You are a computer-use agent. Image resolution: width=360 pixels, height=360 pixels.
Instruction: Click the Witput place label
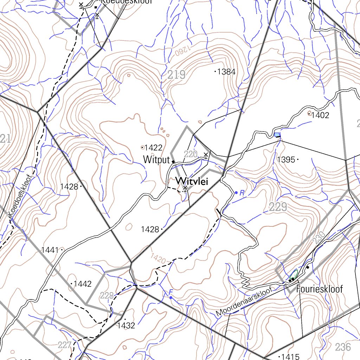tap(156, 160)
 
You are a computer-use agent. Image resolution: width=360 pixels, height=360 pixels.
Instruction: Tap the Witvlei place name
tap(192, 181)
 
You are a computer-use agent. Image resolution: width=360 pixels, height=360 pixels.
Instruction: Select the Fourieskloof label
tap(319, 289)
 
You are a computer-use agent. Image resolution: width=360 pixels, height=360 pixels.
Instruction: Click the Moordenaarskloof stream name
tap(244, 301)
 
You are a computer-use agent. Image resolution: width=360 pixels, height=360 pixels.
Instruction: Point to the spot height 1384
tap(226, 72)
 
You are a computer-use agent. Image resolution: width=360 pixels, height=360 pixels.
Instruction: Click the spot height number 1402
tap(320, 115)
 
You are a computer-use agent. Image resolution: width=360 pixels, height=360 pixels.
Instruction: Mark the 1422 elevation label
tap(153, 147)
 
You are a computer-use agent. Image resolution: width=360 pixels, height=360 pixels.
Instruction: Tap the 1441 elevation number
tap(50, 250)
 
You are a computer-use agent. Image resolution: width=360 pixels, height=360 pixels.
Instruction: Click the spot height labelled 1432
tap(126, 326)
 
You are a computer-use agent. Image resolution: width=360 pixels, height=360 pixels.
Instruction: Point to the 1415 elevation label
tap(290, 356)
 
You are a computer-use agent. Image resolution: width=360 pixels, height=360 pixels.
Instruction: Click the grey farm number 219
tap(176, 75)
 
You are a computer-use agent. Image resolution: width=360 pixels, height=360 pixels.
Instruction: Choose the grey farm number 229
tap(278, 207)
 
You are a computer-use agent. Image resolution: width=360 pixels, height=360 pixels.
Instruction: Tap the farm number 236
tap(343, 347)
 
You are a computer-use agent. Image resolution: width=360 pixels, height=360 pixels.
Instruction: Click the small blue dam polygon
tap(277, 135)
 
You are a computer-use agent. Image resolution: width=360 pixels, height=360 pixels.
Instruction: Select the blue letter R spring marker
tap(242, 192)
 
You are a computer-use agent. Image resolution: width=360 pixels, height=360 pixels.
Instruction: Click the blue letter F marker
tap(171, 292)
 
